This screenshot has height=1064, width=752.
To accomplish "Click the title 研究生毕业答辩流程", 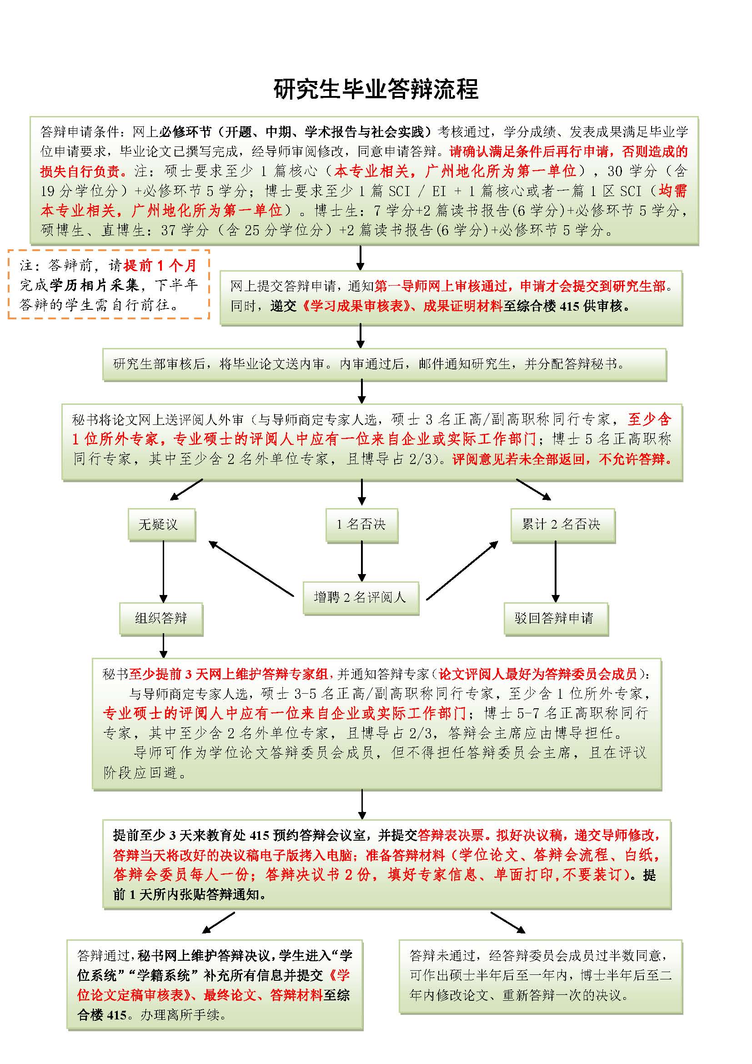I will [x=376, y=90].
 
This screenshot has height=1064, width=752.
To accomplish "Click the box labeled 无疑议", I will [x=161, y=524].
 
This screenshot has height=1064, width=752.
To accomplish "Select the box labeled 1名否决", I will [x=361, y=524].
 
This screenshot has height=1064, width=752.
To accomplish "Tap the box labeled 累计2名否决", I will [x=562, y=524].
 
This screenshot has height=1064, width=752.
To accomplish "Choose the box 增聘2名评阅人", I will [x=360, y=597].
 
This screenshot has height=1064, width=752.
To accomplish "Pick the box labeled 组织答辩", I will [x=160, y=618].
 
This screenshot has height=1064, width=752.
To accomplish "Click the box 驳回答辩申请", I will [x=555, y=618].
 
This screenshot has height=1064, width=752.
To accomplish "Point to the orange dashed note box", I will [x=108, y=284].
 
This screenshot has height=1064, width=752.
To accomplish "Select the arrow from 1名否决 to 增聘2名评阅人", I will [x=361, y=561].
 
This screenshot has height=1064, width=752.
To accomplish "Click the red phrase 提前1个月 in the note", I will [x=160, y=266].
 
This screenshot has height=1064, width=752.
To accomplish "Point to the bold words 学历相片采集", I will [x=95, y=285].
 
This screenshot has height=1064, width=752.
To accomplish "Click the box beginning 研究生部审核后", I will [x=384, y=364].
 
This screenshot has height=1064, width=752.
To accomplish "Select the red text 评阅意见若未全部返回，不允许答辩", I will [x=561, y=459].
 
